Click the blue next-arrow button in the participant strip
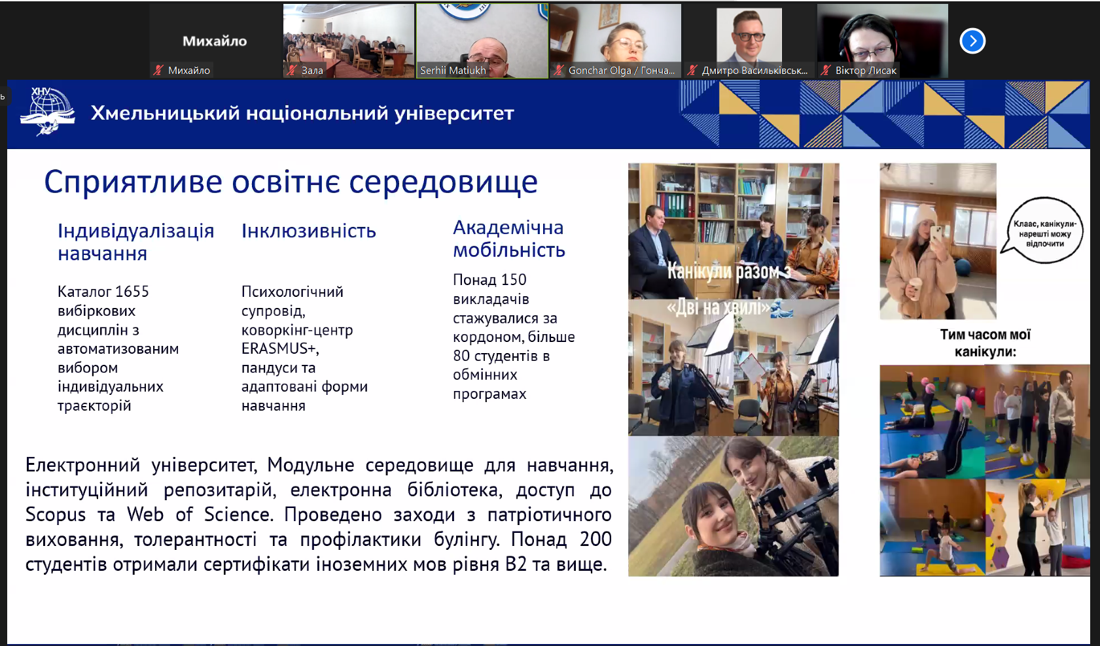click(972, 41)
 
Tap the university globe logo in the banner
click(48, 111)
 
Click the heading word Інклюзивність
click(308, 231)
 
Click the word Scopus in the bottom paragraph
click(56, 515)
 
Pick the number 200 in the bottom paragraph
click(595, 539)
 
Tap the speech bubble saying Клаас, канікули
click(1044, 230)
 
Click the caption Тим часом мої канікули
click(985, 343)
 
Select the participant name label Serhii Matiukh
click(453, 71)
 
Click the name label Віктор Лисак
click(866, 71)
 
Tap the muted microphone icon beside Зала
click(291, 71)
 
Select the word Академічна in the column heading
click(508, 228)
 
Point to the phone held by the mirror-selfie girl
click(936, 238)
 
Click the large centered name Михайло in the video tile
click(215, 41)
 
